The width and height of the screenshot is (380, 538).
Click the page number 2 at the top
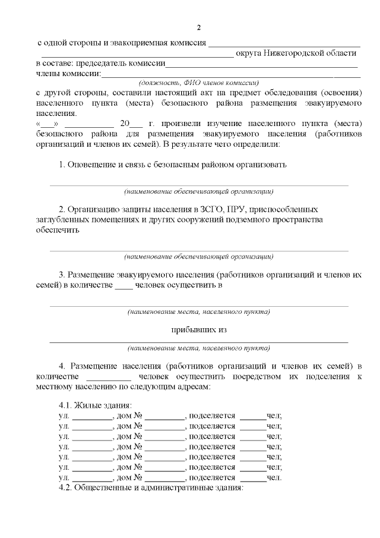(199, 27)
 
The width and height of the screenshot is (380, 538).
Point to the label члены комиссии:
(69, 74)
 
